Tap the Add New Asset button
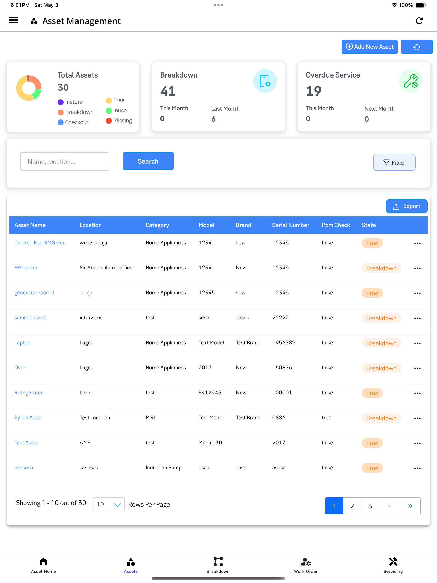point(369,47)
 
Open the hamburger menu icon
point(13,20)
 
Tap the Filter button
point(394,162)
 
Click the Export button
point(407,206)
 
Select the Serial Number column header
point(290,225)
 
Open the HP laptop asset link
point(26,268)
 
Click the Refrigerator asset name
point(28,393)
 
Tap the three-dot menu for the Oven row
point(417,368)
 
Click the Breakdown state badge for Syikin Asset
point(381,418)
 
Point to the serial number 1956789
point(284,343)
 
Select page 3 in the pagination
point(370,506)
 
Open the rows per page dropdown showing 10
point(109,504)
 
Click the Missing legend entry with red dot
point(119,121)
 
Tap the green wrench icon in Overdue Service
point(410,81)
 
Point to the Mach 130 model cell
point(210,443)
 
